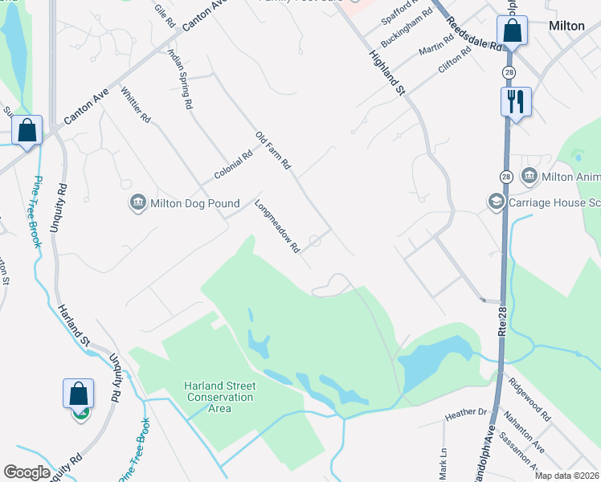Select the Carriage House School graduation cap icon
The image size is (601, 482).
(x=496, y=202)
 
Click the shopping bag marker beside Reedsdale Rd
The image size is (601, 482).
(x=511, y=32)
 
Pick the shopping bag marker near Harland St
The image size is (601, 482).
(x=78, y=394)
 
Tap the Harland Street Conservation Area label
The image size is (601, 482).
(x=219, y=398)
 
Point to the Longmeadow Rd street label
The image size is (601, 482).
(x=277, y=227)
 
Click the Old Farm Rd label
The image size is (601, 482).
(x=273, y=150)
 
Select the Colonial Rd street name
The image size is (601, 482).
(x=233, y=165)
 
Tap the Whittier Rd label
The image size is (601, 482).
(x=136, y=104)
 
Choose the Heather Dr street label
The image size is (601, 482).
(x=466, y=412)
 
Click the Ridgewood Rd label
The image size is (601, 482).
(x=534, y=405)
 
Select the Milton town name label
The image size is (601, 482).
(x=566, y=26)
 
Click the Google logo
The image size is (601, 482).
(x=27, y=472)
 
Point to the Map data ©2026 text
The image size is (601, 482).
(x=566, y=476)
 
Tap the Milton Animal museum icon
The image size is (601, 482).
(x=529, y=175)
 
